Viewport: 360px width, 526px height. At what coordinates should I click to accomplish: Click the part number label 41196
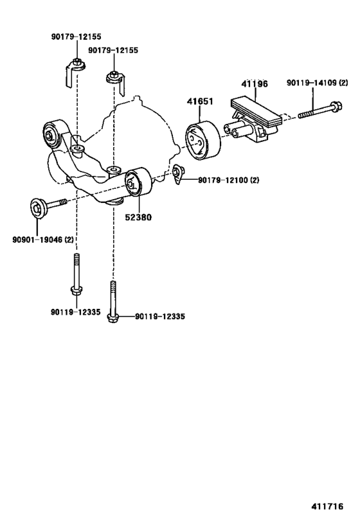[x=255, y=83]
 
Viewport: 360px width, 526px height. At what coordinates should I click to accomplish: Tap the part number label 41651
[x=200, y=101]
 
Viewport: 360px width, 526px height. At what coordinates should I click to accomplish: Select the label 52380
[x=138, y=217]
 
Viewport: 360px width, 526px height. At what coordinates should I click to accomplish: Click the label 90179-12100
[x=221, y=180]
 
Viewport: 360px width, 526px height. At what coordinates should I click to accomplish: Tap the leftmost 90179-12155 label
[x=76, y=38]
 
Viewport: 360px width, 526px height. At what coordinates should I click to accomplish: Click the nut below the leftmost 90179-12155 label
[x=76, y=63]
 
